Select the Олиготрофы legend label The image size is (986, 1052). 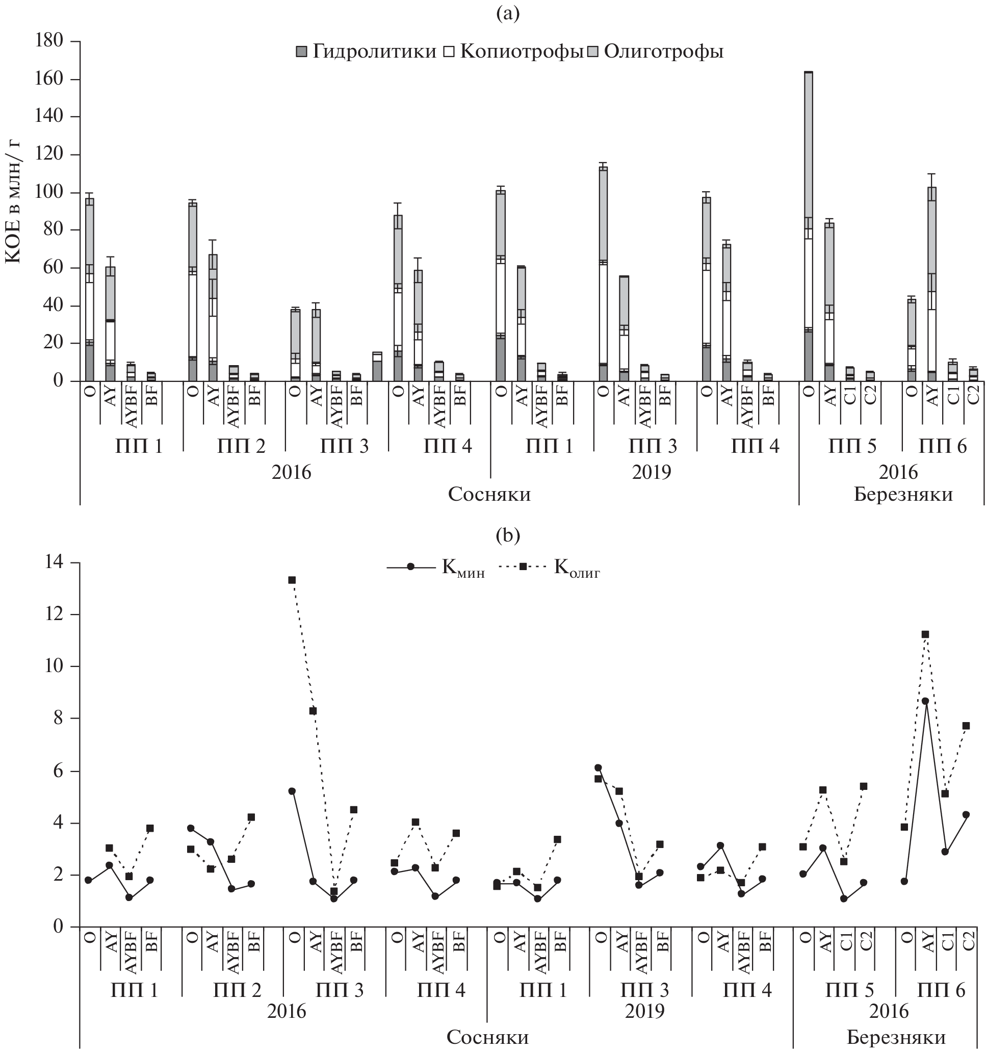click(663, 52)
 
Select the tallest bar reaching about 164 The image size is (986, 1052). click(808, 222)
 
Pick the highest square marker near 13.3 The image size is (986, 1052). click(292, 580)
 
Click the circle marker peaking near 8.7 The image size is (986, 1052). click(925, 701)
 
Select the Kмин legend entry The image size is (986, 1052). click(435, 567)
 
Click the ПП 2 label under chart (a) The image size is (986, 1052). click(241, 446)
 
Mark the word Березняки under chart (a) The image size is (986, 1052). click(903, 494)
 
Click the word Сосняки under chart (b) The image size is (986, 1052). click(487, 1037)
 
